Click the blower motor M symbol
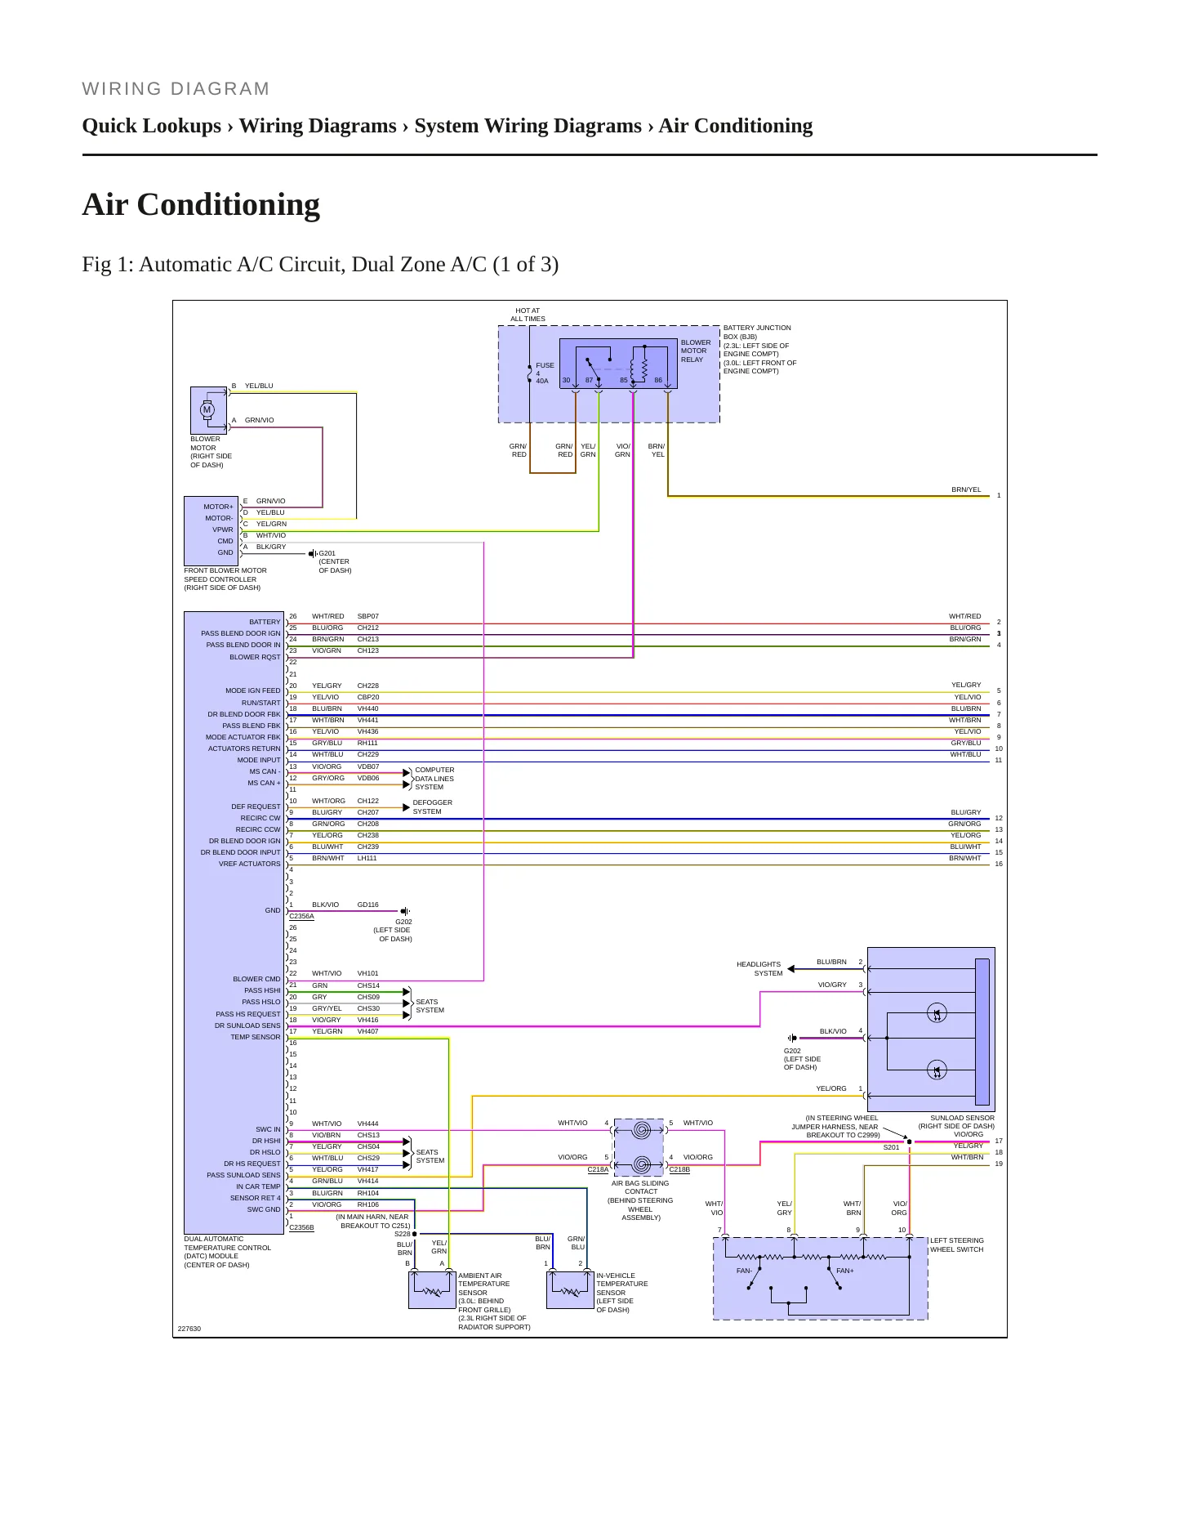click(x=207, y=409)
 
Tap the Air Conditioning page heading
click(x=201, y=204)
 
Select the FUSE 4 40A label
click(x=545, y=373)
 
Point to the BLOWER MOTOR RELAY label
click(x=696, y=351)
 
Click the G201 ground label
click(x=335, y=562)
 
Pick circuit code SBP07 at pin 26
click(x=368, y=616)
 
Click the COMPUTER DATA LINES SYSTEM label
click(x=434, y=779)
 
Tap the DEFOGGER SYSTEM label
click(x=432, y=807)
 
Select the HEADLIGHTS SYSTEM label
click(x=759, y=969)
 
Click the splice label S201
click(x=891, y=1147)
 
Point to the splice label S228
click(x=403, y=1234)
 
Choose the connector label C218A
click(x=598, y=1169)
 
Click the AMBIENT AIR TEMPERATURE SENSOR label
click(x=494, y=1301)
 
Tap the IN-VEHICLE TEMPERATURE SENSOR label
click(x=622, y=1293)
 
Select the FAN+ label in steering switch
click(x=844, y=1271)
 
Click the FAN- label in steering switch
click(x=744, y=1271)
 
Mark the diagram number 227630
click(x=189, y=1329)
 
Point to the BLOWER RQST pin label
click(x=255, y=657)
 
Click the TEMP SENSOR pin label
click(x=256, y=1037)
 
